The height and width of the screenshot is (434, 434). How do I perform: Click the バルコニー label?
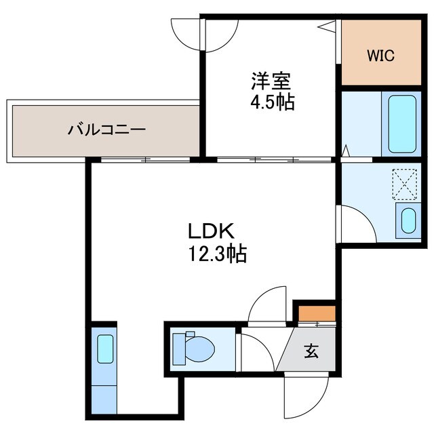[106, 129]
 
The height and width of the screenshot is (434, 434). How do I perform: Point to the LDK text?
[212, 232]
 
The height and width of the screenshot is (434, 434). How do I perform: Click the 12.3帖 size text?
[216, 254]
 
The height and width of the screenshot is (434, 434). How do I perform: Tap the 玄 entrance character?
[311, 351]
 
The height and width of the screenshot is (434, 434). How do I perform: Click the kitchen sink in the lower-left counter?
[104, 350]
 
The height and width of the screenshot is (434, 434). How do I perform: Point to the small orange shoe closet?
[317, 315]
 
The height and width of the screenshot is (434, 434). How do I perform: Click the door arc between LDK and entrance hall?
[269, 307]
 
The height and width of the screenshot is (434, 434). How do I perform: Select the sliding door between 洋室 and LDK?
[275, 160]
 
